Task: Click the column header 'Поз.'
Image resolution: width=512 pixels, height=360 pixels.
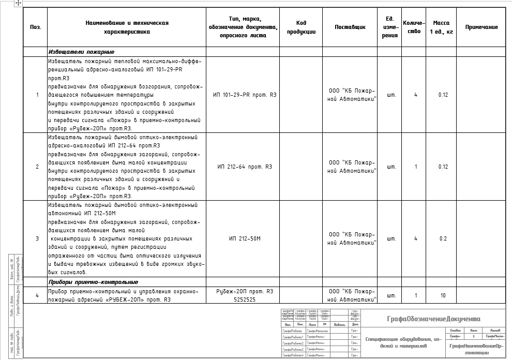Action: [35, 27]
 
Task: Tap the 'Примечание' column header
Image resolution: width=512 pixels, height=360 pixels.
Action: [481, 27]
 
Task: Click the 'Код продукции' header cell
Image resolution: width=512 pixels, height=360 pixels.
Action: [301, 27]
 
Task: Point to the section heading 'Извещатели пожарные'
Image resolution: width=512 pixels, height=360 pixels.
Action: [81, 52]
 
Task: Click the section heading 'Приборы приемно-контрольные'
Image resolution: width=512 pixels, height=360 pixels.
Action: [93, 282]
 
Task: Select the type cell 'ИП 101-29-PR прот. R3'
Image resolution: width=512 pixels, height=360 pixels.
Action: [245, 95]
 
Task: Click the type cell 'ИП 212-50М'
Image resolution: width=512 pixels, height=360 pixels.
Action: [244, 238]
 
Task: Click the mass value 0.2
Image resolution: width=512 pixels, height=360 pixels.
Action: [443, 238]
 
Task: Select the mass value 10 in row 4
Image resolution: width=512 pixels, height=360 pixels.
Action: [443, 295]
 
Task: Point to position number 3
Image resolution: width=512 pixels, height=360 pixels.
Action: [37, 238]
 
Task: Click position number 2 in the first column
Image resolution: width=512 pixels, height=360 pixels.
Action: [37, 167]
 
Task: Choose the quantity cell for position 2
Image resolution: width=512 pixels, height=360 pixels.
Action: [416, 167]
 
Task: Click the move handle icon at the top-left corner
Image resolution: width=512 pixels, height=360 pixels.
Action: [18, 3]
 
